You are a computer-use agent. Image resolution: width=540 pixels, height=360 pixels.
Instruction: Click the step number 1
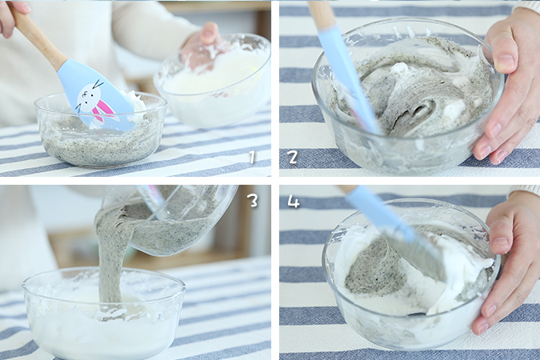pos(252,157)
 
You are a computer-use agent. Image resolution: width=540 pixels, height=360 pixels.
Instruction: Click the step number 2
pos(293,157)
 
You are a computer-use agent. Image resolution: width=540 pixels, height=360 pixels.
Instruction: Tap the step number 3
pos(253,200)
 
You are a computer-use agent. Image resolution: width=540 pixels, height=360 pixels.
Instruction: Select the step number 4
pos(294,202)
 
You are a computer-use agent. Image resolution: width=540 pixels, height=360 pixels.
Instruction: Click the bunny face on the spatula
pos(86,98)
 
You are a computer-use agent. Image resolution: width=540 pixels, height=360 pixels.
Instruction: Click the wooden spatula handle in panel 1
pos(36,34)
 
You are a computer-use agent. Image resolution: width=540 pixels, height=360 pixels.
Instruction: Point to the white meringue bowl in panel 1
pos(214,81)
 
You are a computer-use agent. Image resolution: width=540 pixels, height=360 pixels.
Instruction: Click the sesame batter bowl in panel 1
pos(100,131)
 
